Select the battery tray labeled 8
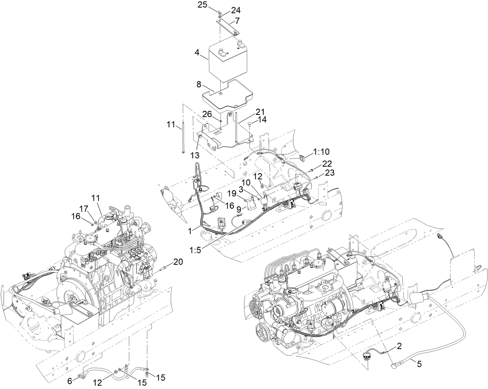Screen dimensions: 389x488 pyautogui.click(x=227, y=95)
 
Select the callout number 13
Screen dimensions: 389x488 pyautogui.click(x=194, y=155)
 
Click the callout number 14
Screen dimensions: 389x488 pyautogui.click(x=261, y=120)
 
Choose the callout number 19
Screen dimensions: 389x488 pyautogui.click(x=231, y=193)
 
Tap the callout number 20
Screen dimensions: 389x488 pyautogui.click(x=178, y=262)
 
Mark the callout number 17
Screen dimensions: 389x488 pyautogui.click(x=84, y=208)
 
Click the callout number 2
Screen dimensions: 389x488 pyautogui.click(x=398, y=344)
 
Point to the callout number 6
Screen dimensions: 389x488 pyautogui.click(x=70, y=381)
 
